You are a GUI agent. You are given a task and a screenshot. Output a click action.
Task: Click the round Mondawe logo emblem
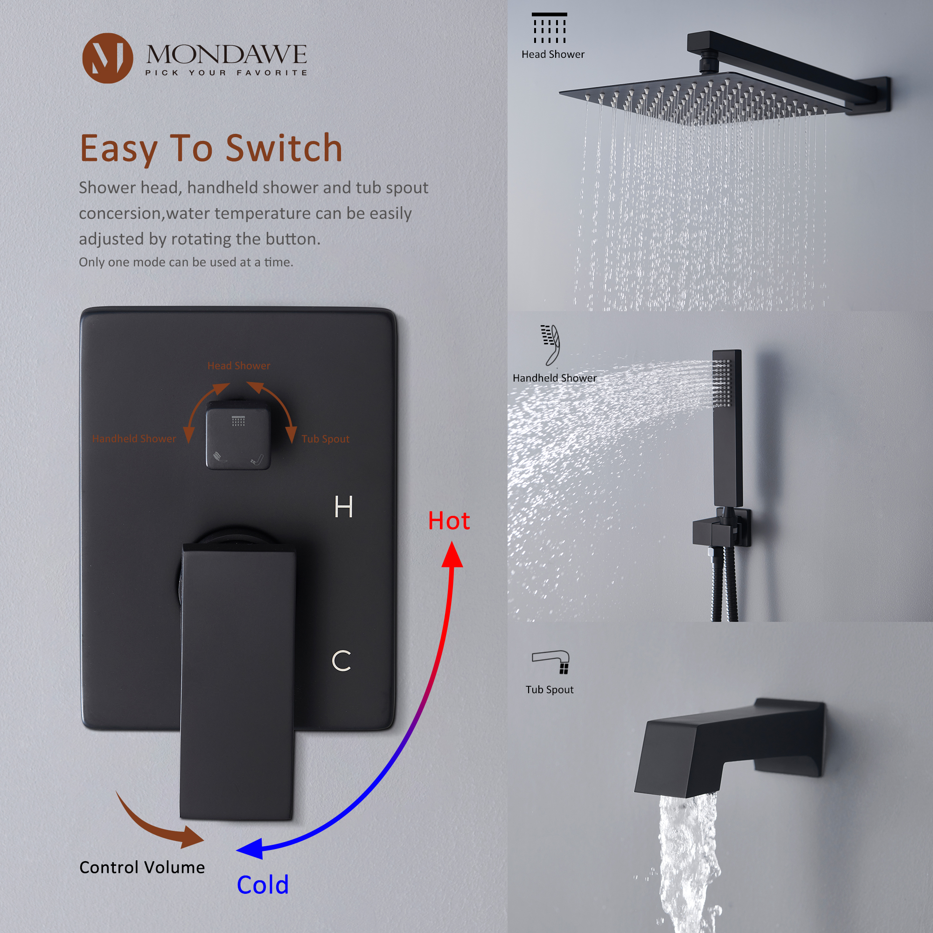[x=107, y=58]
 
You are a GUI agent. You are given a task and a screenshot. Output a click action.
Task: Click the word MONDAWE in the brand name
[x=226, y=54]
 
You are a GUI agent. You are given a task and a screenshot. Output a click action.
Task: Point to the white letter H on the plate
[x=343, y=507]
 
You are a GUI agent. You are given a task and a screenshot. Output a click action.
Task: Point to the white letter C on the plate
[x=341, y=661]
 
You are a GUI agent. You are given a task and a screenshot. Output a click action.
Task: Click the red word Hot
[x=449, y=521]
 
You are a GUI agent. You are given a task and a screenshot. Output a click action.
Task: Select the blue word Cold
[x=263, y=884]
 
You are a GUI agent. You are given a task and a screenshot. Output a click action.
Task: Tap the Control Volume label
[x=142, y=867]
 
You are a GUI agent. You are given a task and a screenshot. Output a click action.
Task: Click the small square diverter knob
[x=238, y=435]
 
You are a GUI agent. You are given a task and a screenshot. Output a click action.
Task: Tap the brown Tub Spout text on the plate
[x=325, y=439]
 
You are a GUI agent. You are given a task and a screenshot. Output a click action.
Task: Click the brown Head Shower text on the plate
[x=238, y=366]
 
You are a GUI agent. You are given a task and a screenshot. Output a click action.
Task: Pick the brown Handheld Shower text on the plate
[x=134, y=439]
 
